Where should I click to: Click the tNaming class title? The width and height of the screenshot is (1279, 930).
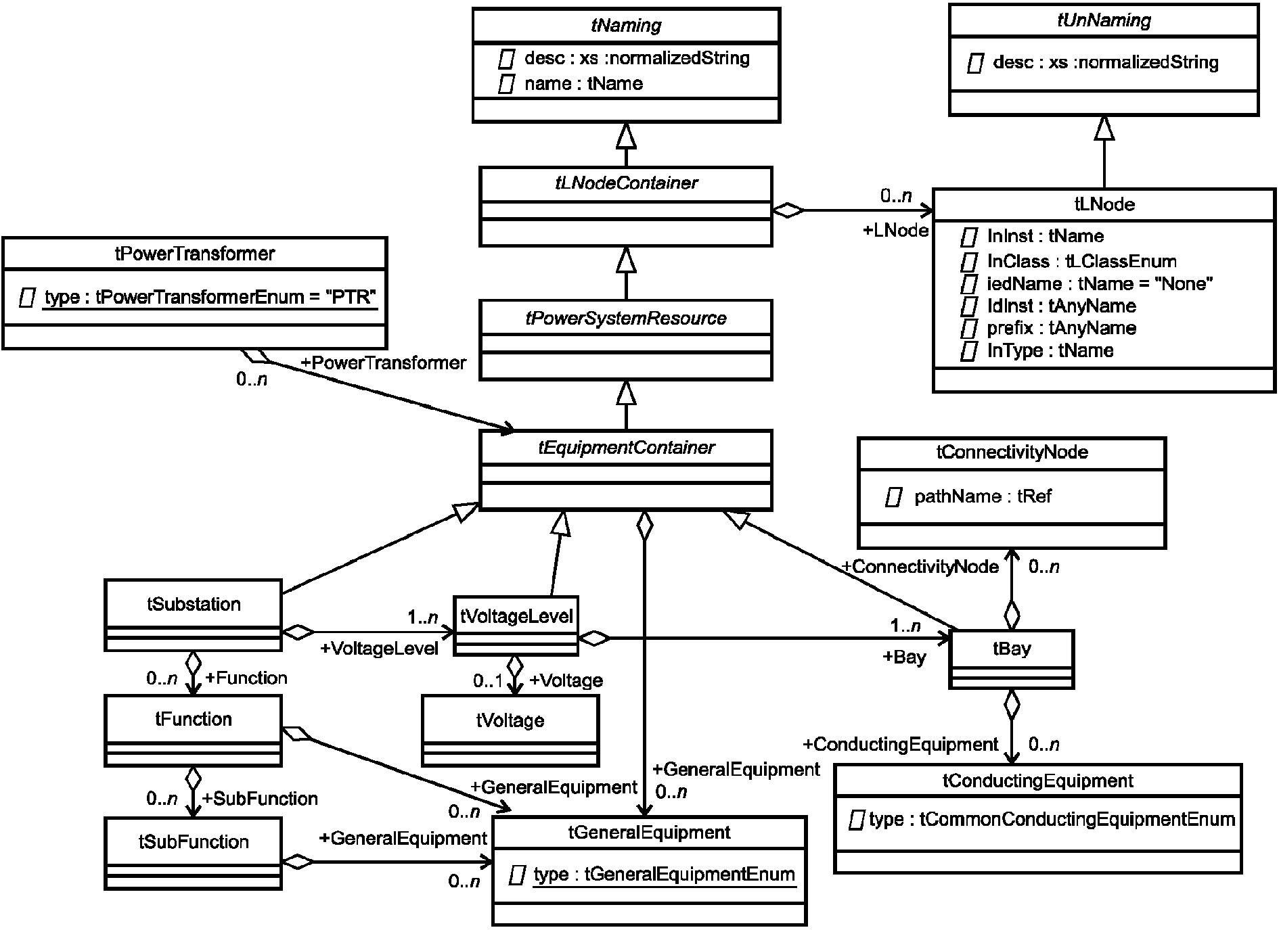(626, 26)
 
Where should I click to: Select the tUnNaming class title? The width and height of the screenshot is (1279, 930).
(1104, 20)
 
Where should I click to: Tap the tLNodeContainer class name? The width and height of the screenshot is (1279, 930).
(626, 183)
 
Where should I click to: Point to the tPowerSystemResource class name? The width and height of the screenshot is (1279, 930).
(626, 319)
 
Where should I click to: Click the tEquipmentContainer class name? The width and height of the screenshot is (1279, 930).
(626, 448)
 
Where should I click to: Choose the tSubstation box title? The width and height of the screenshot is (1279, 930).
(194, 604)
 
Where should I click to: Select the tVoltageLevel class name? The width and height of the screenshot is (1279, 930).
(516, 616)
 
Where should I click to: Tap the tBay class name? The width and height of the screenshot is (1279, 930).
(1012, 649)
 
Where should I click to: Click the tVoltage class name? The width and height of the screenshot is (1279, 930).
(510, 721)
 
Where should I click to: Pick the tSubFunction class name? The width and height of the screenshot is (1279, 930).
(194, 842)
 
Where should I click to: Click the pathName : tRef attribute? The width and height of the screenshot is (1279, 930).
(983, 496)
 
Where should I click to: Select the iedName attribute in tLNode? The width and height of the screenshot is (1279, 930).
(1100, 283)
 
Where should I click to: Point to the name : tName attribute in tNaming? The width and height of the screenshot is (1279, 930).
(583, 84)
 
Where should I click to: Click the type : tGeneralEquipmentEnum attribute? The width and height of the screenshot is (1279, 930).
(664, 875)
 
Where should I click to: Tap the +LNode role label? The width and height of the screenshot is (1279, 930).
(895, 231)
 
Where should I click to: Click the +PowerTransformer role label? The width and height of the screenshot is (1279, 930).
(383, 363)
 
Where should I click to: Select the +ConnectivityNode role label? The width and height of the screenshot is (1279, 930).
(920, 567)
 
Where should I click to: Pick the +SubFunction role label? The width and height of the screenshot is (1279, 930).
(260, 799)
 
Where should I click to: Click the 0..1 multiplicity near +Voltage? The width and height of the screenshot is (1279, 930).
(487, 681)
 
